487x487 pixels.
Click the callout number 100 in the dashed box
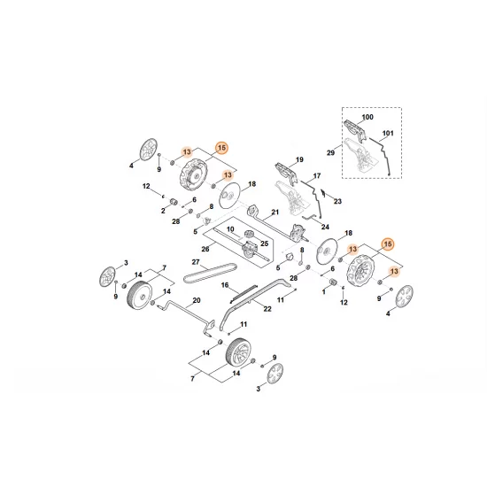point(367,118)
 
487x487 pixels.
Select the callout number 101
point(387,135)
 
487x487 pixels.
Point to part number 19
point(299,160)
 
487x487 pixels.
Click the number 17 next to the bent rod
point(317,176)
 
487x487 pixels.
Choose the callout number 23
point(337,202)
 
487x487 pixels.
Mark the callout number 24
point(324,227)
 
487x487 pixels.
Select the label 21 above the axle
point(275,213)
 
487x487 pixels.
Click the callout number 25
point(263,243)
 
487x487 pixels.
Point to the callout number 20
point(196,301)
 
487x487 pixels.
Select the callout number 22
point(267,308)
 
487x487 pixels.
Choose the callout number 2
point(163,212)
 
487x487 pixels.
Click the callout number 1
point(323,290)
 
